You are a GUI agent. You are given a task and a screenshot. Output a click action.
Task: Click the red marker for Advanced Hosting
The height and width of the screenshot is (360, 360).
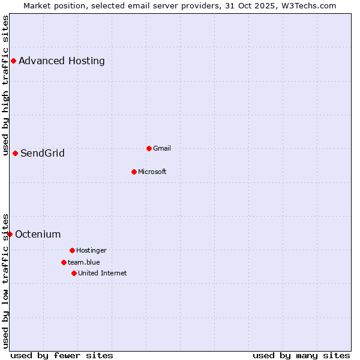point(13,61)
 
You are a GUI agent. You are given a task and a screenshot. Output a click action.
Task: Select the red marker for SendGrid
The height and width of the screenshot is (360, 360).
point(15,153)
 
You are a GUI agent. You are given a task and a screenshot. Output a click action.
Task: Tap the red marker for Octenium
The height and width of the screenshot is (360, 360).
point(10,234)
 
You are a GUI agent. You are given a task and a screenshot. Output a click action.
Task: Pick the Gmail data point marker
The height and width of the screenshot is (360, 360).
point(149,148)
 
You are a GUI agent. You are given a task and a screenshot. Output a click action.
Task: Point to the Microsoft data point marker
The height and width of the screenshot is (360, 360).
point(134,172)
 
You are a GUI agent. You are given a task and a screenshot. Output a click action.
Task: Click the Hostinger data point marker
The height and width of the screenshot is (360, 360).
point(72,250)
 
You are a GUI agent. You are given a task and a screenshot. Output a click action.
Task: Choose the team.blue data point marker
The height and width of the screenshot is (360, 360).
point(64,262)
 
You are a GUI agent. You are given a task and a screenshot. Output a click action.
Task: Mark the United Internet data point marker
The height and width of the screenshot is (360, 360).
point(74,273)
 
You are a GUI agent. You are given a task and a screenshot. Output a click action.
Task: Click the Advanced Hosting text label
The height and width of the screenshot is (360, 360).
point(62,61)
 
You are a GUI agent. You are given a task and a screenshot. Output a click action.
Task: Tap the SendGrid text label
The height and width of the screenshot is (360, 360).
point(43,153)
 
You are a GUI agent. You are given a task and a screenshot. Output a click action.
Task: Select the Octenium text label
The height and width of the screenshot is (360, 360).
point(38,234)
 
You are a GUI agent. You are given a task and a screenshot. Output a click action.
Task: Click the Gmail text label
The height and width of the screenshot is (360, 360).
point(162,148)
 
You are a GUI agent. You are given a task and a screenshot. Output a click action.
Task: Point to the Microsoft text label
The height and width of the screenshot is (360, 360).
point(152,172)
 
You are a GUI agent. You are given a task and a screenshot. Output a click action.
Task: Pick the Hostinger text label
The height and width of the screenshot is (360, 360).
point(91,250)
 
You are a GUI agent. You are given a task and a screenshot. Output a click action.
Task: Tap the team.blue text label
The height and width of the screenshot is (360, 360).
point(84,262)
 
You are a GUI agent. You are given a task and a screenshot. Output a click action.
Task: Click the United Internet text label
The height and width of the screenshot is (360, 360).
point(103,273)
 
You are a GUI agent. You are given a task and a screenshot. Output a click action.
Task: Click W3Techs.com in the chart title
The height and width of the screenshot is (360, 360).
point(307,5)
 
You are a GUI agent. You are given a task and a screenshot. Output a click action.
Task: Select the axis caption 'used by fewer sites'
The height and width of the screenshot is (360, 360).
point(62,355)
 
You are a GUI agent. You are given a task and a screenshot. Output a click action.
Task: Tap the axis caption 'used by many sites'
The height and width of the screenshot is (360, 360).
point(301,355)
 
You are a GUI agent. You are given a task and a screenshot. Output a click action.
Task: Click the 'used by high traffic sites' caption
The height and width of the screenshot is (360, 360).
point(5,85)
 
